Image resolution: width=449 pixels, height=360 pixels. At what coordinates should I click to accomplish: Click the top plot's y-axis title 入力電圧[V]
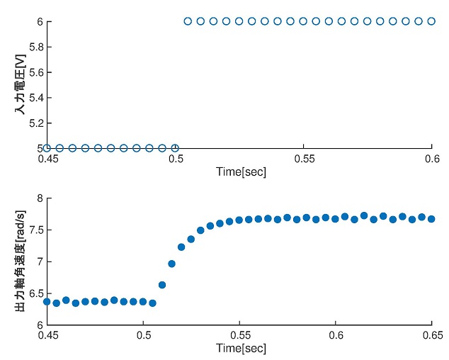pyautogui.click(x=21, y=85)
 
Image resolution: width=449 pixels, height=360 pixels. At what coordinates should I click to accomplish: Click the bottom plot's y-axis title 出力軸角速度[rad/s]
pyautogui.click(x=21, y=261)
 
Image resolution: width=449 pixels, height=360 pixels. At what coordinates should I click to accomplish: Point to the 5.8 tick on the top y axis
pyautogui.click(x=33, y=47)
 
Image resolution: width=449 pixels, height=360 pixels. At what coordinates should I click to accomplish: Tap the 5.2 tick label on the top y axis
pyautogui.click(x=33, y=123)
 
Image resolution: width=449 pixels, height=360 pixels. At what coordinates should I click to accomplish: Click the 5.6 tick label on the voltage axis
pyautogui.click(x=33, y=72)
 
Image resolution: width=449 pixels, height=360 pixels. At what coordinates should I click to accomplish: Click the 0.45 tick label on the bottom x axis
pyautogui.click(x=47, y=337)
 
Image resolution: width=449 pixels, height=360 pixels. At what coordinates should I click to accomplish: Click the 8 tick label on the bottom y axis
pyautogui.click(x=38, y=198)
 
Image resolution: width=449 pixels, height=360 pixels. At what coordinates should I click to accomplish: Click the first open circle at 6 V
pyautogui.click(x=188, y=21)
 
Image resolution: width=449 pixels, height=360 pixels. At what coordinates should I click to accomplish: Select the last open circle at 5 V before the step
pyautogui.click(x=175, y=148)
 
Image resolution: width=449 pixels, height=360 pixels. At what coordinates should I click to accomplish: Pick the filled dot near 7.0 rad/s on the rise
pyautogui.click(x=171, y=264)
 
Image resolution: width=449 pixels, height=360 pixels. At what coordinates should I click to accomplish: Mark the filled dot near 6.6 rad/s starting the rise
pyautogui.click(x=162, y=285)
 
